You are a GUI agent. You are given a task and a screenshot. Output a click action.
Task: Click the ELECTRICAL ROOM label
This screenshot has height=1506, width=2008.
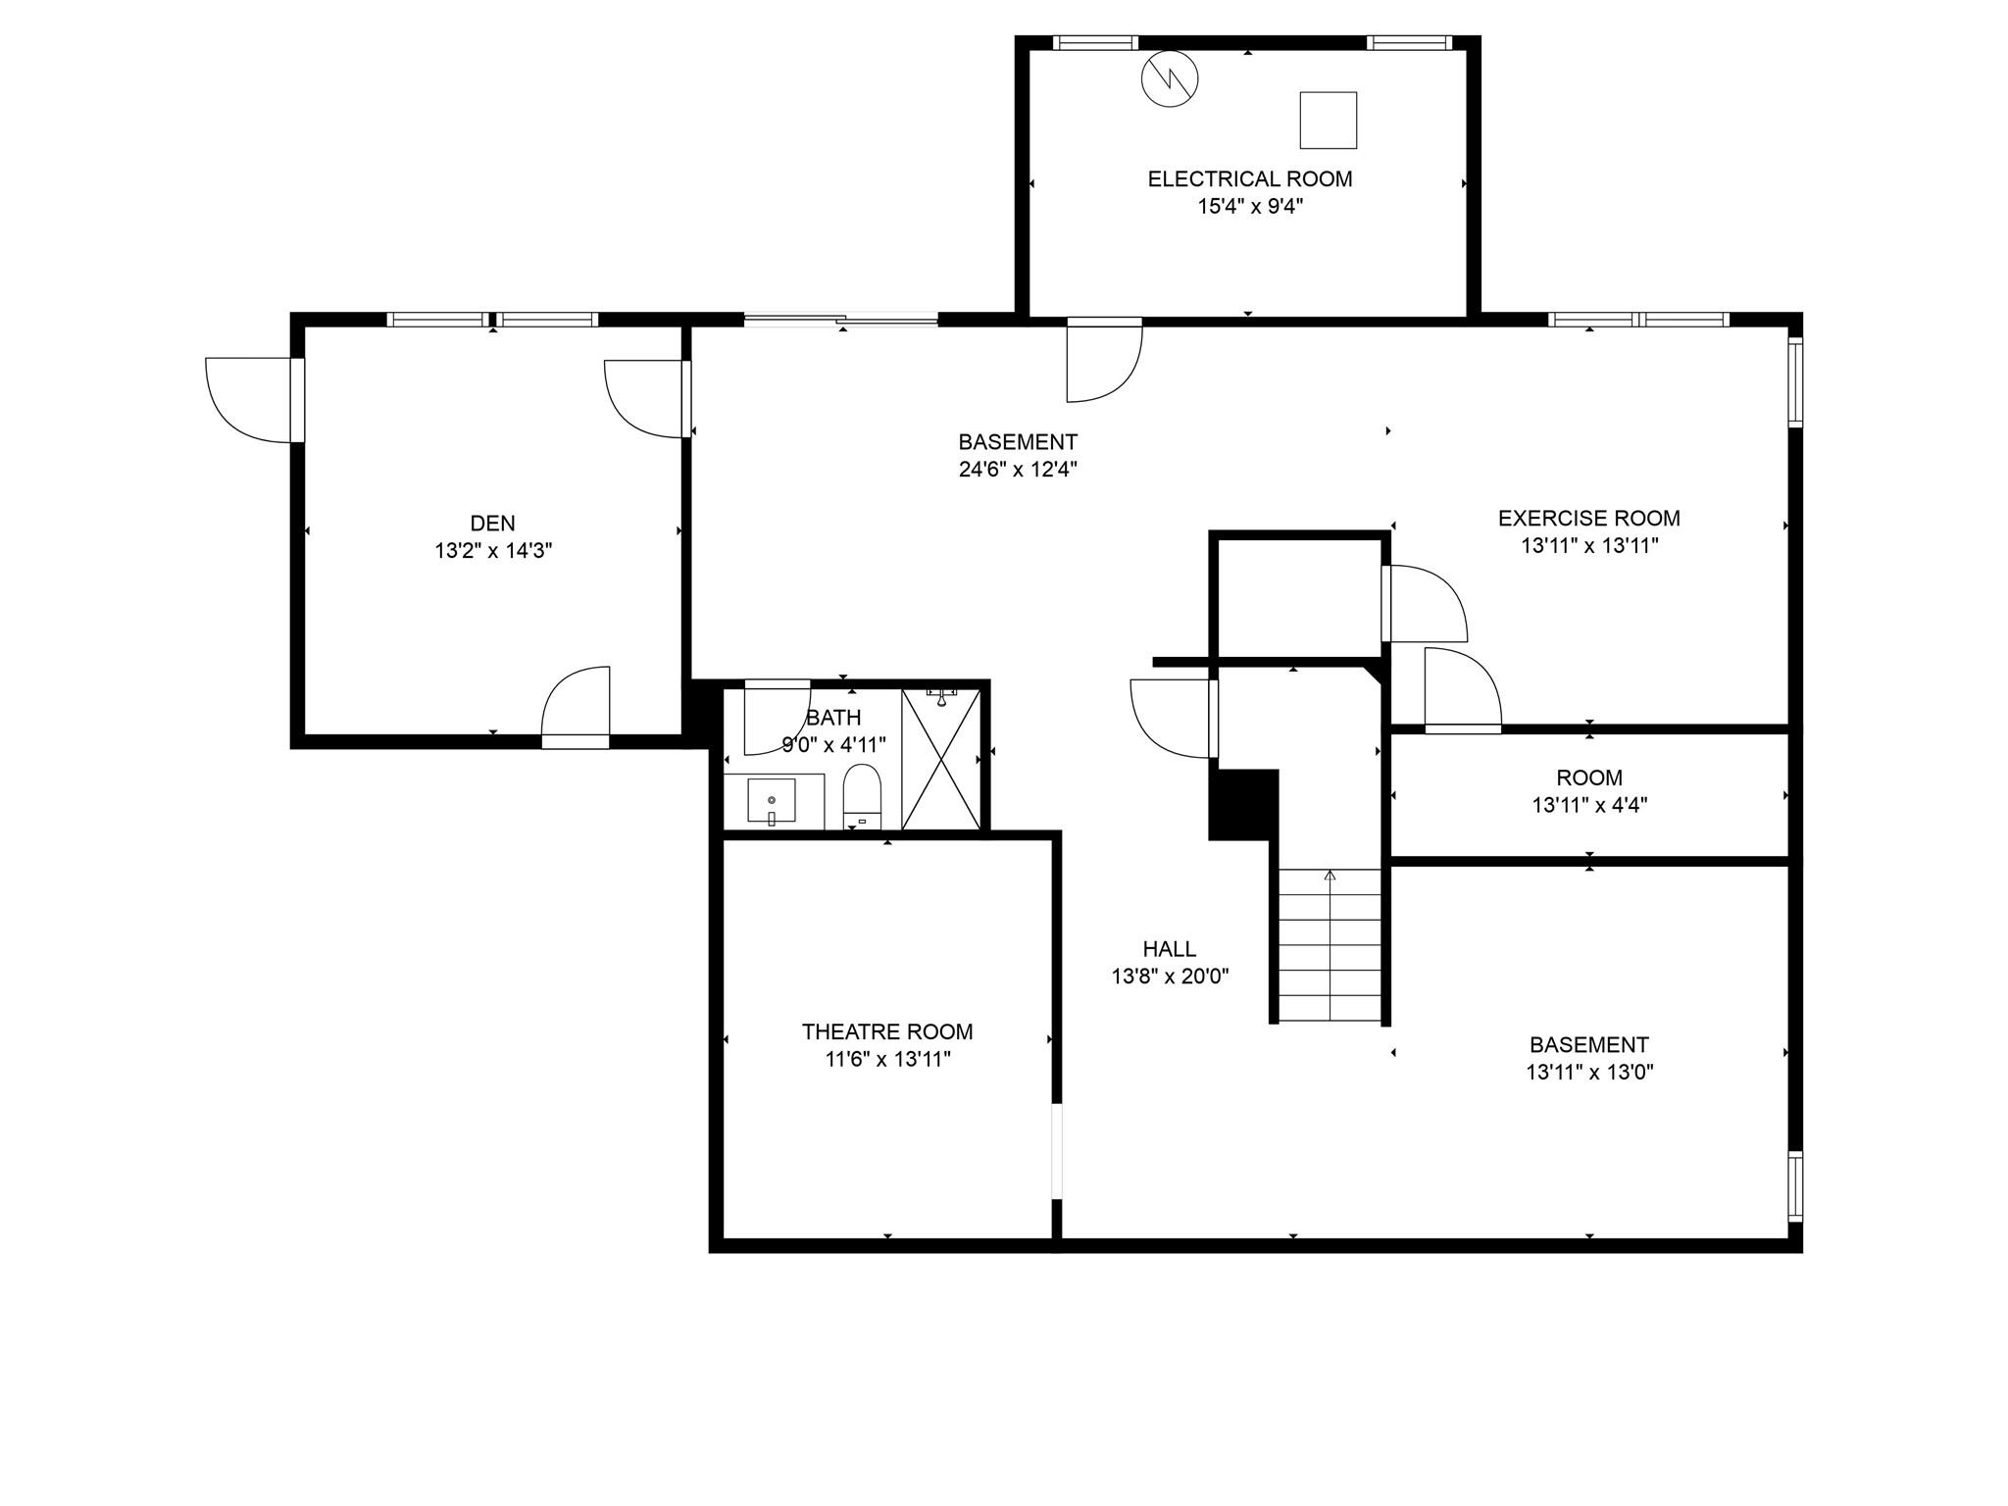(1249, 179)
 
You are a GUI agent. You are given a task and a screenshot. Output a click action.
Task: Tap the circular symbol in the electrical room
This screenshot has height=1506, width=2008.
(1170, 78)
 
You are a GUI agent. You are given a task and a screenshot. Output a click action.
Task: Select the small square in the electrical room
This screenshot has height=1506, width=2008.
(1328, 121)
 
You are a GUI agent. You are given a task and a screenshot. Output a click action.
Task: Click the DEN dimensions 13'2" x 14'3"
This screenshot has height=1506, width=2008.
(493, 551)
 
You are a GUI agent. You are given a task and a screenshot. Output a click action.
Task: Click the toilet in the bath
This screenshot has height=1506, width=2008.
(862, 794)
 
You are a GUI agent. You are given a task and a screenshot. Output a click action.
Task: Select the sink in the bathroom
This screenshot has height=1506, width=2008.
(772, 800)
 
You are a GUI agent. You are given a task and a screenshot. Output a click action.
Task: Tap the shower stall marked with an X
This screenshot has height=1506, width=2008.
(940, 760)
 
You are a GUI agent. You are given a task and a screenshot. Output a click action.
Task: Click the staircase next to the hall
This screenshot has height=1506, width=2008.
(1330, 946)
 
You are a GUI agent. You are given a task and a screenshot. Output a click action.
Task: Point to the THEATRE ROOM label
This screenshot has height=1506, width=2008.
(886, 1031)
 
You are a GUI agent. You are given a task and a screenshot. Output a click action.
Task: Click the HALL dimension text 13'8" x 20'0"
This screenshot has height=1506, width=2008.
(1170, 977)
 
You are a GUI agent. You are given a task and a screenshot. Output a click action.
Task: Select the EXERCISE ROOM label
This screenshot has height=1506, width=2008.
(1588, 518)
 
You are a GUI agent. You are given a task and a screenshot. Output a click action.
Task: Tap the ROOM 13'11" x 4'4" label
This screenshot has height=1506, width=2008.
(1588, 791)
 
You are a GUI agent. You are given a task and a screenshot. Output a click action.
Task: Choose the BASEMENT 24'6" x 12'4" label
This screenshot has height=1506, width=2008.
(1018, 456)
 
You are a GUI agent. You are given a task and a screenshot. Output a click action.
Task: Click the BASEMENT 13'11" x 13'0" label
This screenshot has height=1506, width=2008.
(1588, 1058)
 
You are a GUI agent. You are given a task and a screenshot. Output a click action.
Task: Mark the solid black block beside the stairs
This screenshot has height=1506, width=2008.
(1243, 804)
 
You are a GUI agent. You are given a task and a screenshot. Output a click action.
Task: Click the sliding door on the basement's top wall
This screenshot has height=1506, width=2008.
(840, 319)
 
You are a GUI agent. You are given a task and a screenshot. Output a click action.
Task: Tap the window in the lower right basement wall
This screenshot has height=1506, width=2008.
(1794, 1185)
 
